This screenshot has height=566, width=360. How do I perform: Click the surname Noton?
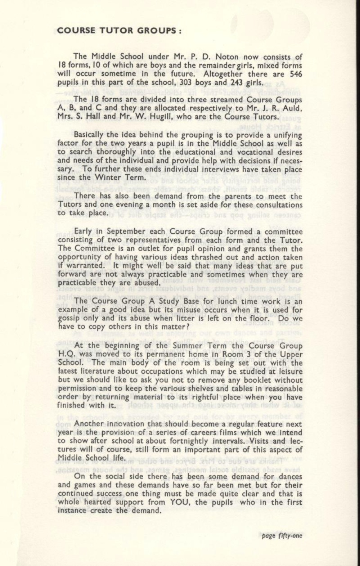tap(227, 57)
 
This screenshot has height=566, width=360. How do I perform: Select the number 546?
tap(295, 74)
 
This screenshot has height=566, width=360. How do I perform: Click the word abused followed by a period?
tap(146, 283)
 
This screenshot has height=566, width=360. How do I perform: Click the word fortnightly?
tap(190, 441)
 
